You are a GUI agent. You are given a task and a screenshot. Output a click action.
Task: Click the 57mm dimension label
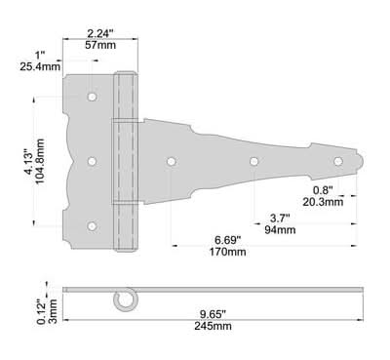[x=100, y=45]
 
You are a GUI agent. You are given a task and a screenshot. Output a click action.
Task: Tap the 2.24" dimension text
[x=100, y=33]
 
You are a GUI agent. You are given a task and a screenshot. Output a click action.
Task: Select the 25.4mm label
[x=40, y=66]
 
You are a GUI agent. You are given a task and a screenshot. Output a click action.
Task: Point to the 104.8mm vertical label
[x=40, y=161]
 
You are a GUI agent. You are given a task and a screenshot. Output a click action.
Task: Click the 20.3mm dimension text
[x=323, y=202]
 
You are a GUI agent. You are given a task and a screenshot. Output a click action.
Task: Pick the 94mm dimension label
[x=280, y=230]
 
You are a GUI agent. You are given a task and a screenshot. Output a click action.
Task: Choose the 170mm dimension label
[x=227, y=252]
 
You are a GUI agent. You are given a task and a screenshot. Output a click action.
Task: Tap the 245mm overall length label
[x=214, y=326]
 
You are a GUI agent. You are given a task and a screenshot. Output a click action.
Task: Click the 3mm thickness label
[x=53, y=311]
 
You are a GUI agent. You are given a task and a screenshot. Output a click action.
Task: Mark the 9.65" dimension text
[x=213, y=314]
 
